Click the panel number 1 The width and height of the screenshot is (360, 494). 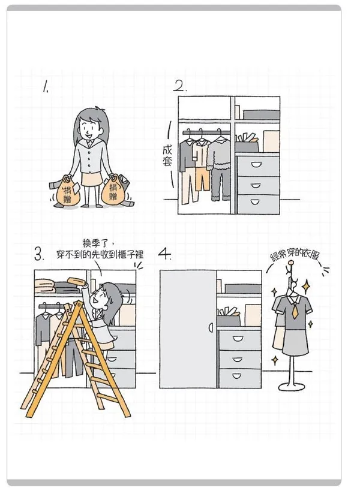(46, 86)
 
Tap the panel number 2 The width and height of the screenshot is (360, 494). (180, 86)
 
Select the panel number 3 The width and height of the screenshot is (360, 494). (39, 254)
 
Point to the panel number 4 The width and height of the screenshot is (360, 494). (164, 254)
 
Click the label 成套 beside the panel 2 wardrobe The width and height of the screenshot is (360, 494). (167, 156)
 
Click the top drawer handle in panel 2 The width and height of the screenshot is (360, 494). (256, 165)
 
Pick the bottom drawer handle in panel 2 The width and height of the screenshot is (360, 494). (256, 202)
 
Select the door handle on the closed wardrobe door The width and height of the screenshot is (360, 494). (211, 328)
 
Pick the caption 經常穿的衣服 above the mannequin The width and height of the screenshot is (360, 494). (295, 257)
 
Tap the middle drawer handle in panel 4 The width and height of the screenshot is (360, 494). (238, 360)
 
